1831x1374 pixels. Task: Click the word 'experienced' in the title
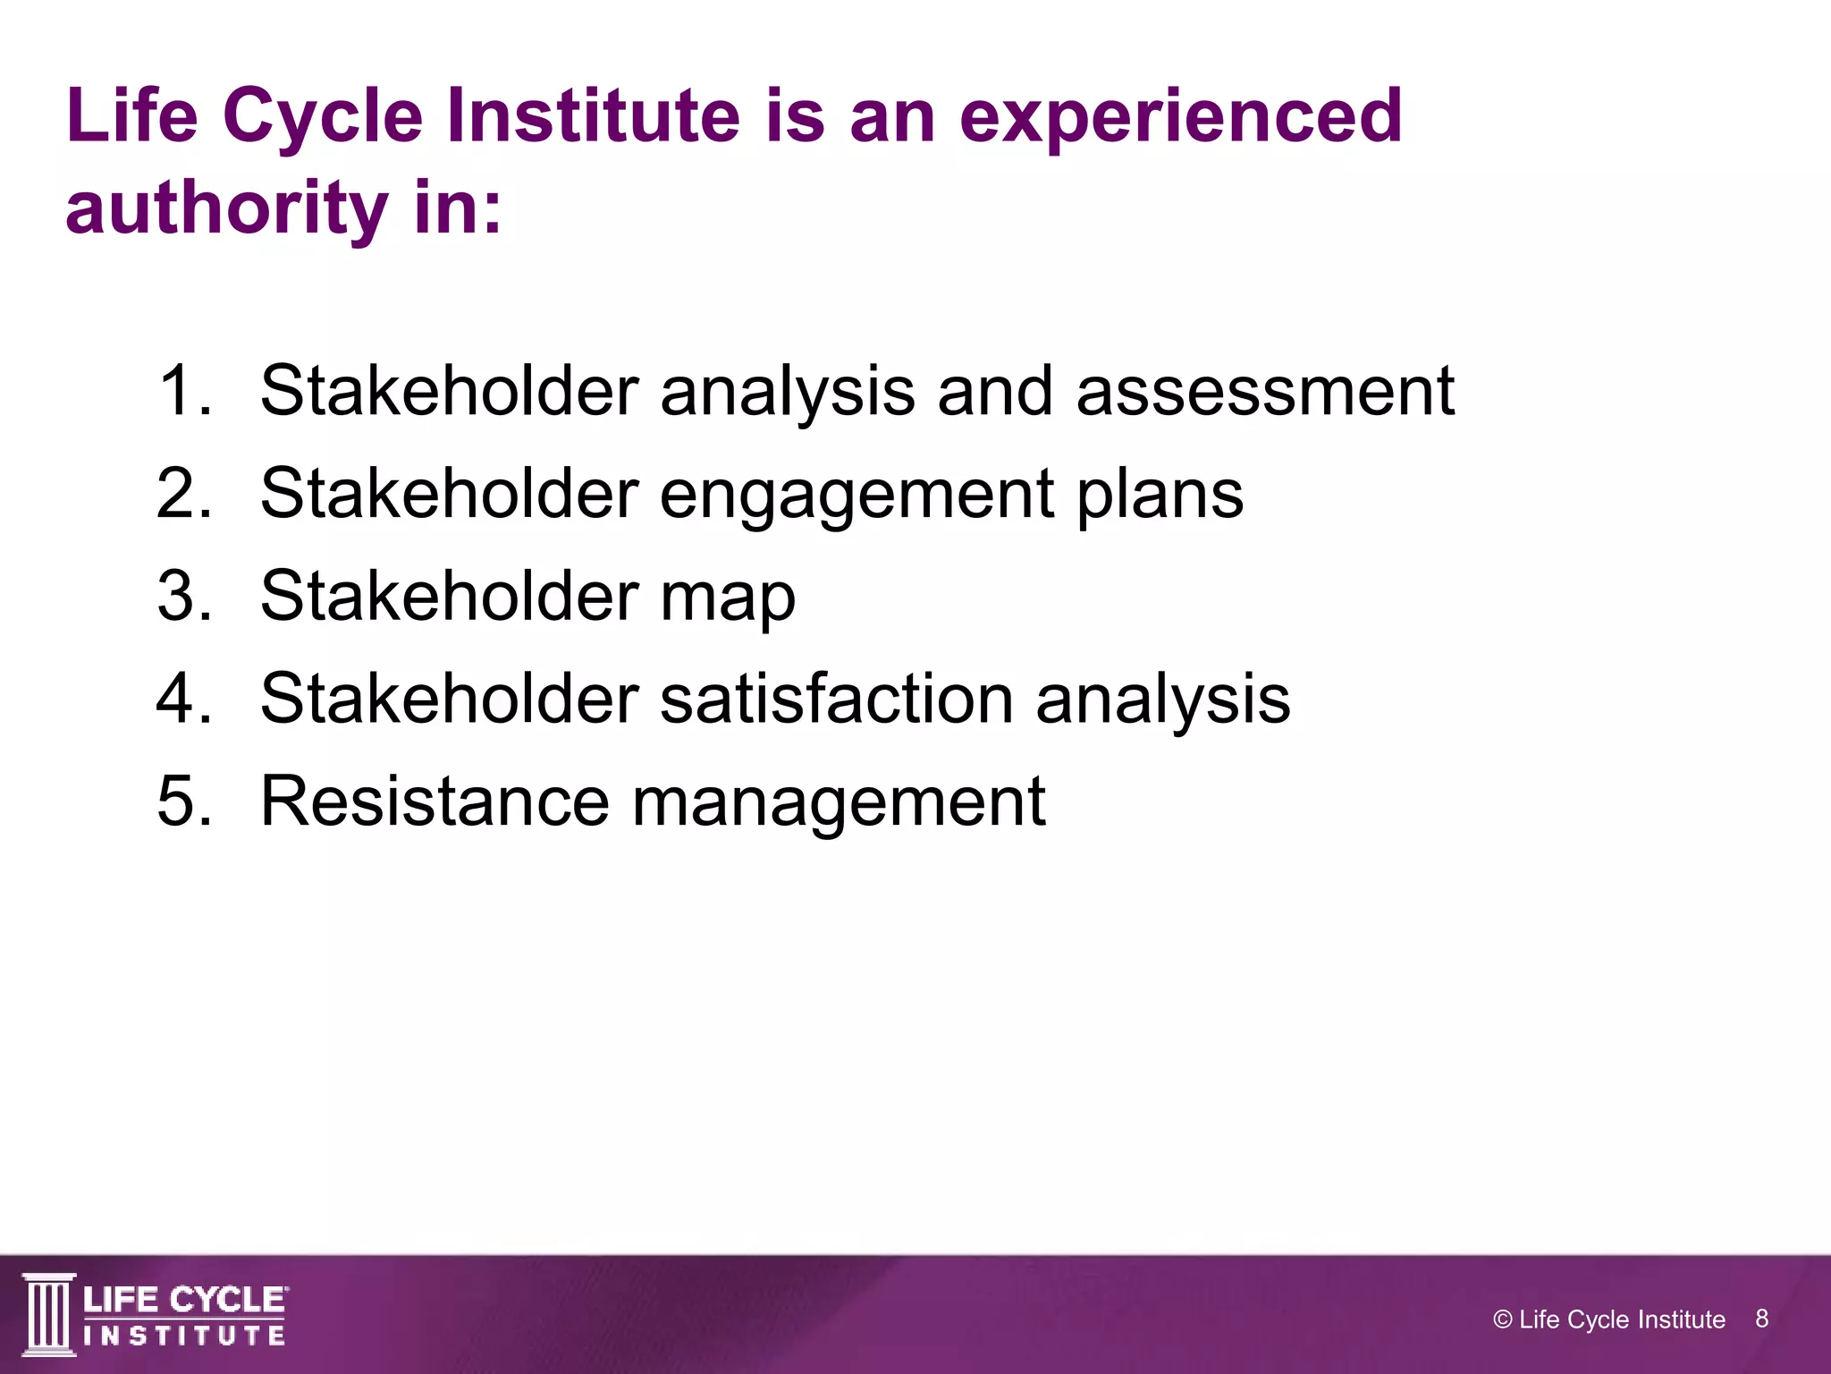pos(1180,118)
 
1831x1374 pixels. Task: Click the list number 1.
pos(184,391)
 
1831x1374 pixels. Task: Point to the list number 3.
pos(184,596)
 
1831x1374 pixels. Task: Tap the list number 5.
pos(184,801)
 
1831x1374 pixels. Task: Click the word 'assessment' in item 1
pos(1265,391)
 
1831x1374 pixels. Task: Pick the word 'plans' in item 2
pos(1160,495)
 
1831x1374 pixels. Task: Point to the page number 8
pos(1761,1319)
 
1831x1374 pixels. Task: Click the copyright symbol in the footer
pos(1503,1319)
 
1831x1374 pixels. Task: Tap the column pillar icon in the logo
pos(48,1314)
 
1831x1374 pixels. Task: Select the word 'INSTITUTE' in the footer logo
pos(184,1336)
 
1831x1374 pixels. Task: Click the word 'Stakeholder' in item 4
pos(449,699)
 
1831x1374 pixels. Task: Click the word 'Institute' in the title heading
pos(593,116)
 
